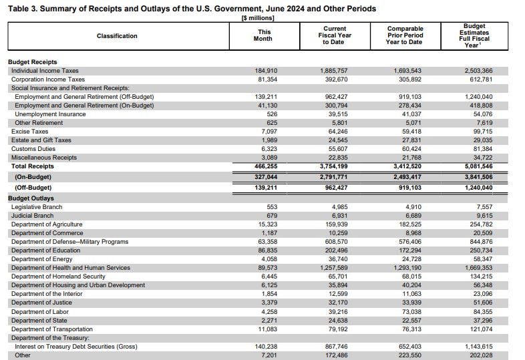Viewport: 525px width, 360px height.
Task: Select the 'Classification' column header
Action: coord(117,35)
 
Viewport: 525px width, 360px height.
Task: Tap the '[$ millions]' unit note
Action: coord(258,18)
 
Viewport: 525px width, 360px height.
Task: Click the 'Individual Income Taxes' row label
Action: coord(45,70)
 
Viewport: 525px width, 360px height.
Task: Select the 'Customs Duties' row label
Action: coord(34,148)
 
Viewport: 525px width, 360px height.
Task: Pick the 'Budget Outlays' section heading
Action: coord(31,198)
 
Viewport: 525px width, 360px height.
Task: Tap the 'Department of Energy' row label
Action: coord(43,259)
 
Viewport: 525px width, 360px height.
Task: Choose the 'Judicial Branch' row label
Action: coord(33,216)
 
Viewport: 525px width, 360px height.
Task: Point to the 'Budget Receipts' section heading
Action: coord(33,62)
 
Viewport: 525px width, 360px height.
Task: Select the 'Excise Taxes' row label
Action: coord(29,131)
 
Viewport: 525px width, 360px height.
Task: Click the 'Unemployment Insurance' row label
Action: coord(50,114)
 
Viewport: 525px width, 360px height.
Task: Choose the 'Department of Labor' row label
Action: coord(40,311)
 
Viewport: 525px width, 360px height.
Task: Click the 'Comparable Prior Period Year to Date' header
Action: coord(405,35)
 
